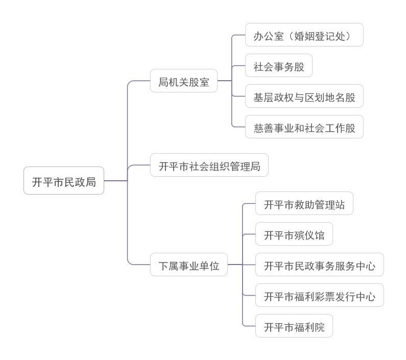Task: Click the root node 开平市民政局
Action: pyautogui.click(x=64, y=181)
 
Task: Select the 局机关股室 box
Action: pyautogui.click(x=184, y=81)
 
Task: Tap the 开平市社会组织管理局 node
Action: pyautogui.click(x=209, y=165)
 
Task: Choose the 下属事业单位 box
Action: pyautogui.click(x=189, y=265)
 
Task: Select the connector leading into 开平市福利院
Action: pyautogui.click(x=249, y=326)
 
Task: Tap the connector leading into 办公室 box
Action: pyautogui.click(x=239, y=35)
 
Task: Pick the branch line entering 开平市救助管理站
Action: pyautogui.click(x=249, y=203)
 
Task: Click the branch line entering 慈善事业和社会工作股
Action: pyautogui.click(x=238, y=127)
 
